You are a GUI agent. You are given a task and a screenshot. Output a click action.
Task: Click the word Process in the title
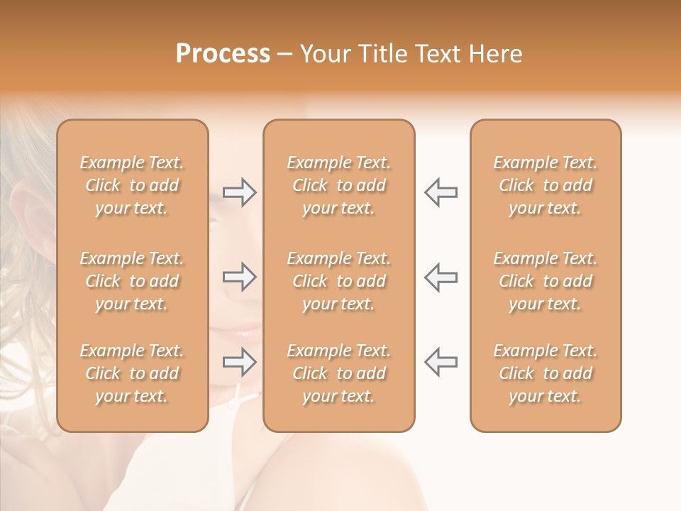223,54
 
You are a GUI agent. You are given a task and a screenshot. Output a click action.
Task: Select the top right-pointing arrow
239,192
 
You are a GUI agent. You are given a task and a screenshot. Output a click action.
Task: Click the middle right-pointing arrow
239,277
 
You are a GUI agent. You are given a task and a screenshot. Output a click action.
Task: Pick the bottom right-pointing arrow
239,363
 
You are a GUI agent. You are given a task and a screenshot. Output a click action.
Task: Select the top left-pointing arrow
441,192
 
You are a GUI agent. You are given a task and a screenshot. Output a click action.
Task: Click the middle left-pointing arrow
441,277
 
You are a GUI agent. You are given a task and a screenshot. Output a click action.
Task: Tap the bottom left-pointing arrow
441,363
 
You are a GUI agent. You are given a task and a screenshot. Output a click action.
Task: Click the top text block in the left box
132,185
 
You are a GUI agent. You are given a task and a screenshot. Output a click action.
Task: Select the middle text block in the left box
132,281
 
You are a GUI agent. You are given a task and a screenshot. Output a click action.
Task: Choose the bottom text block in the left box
132,373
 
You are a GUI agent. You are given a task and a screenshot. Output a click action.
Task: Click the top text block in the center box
338,185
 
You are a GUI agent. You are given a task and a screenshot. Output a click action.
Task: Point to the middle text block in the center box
338,281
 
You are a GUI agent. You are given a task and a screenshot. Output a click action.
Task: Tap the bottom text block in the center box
338,373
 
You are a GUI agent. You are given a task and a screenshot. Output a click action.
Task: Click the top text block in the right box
545,185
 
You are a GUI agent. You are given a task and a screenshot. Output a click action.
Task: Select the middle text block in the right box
545,281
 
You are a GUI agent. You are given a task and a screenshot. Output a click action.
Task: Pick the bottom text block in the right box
545,373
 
